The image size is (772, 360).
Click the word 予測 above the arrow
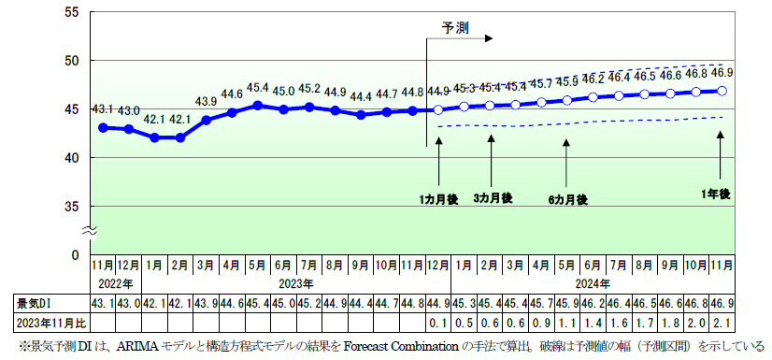[456, 27]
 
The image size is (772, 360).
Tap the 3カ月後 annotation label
[492, 198]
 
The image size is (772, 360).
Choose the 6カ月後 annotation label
[567, 199]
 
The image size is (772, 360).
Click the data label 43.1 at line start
[102, 109]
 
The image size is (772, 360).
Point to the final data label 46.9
[722, 72]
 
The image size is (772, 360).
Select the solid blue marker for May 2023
[258, 106]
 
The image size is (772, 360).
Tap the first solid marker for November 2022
[103, 127]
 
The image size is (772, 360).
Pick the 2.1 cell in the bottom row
[722, 324]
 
